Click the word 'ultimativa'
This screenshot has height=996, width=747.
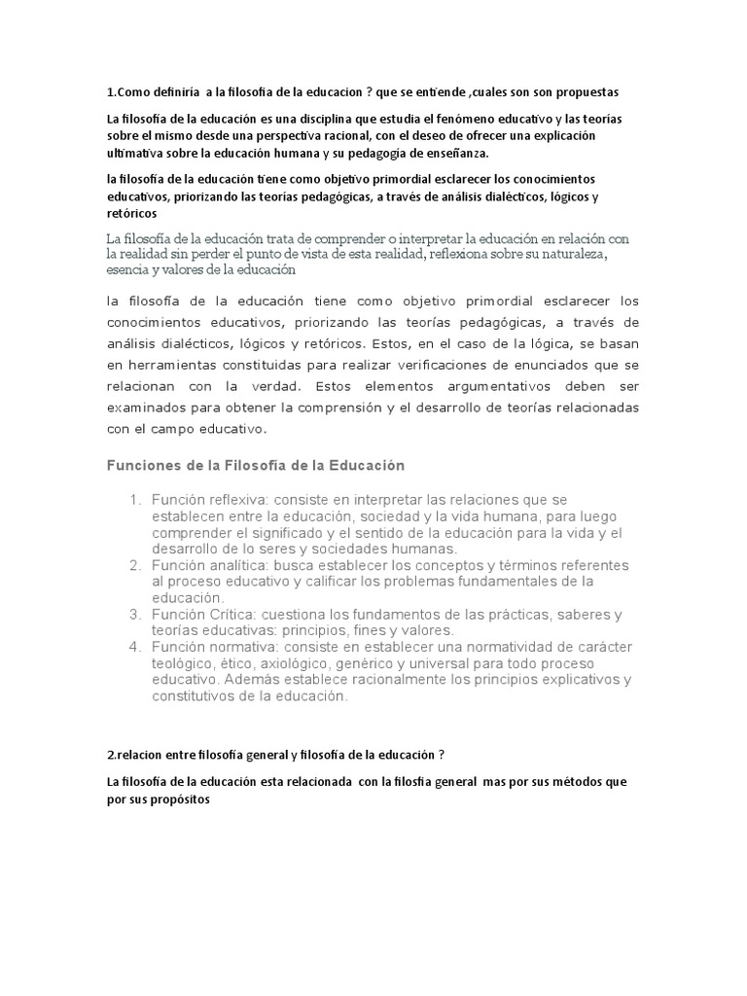pos(136,154)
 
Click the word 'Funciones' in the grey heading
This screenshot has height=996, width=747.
pos(142,466)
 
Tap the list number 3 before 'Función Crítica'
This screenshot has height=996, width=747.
pos(135,615)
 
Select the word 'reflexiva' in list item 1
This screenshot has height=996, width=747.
pos(243,500)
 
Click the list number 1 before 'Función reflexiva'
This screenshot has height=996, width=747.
pos(135,500)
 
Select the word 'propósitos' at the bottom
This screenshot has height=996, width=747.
pos(178,800)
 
